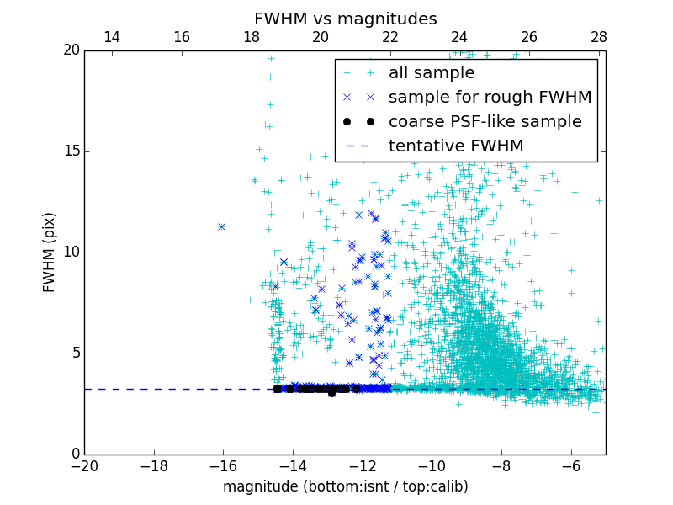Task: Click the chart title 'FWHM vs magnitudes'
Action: (x=345, y=19)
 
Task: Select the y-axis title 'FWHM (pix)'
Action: (x=50, y=252)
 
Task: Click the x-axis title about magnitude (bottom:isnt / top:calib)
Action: (x=345, y=486)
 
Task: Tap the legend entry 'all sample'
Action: (x=431, y=73)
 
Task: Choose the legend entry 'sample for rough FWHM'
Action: (x=490, y=98)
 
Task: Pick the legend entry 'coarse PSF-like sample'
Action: (x=485, y=122)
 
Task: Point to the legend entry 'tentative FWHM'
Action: (x=456, y=146)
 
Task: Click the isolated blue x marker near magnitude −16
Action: (x=221, y=226)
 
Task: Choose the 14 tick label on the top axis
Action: (x=111, y=37)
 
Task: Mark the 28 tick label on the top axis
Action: (x=598, y=37)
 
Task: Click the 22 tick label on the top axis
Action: (x=389, y=37)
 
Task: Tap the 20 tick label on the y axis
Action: (x=71, y=50)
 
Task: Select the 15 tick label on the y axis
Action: (x=71, y=151)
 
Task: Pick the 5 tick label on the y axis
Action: (x=74, y=353)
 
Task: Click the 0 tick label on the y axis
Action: (x=74, y=454)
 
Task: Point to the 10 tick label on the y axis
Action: (x=71, y=252)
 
